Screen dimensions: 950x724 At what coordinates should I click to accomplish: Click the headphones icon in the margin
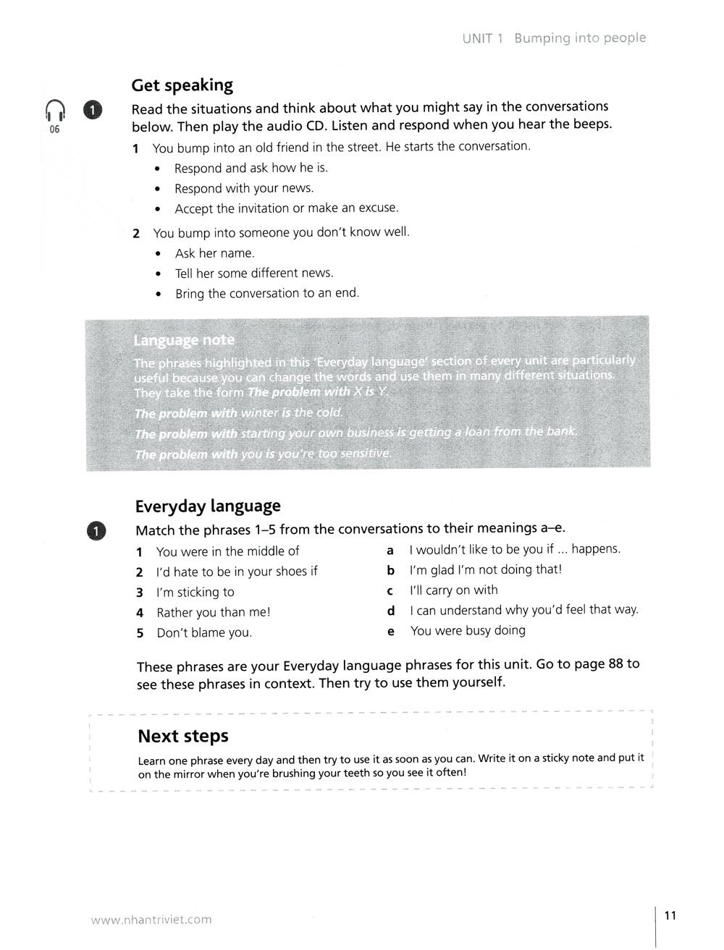tap(55, 110)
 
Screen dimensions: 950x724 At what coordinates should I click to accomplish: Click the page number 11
tap(670, 915)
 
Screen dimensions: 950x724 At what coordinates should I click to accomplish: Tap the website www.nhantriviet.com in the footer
tap(151, 920)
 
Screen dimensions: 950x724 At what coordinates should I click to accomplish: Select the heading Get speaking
tap(182, 85)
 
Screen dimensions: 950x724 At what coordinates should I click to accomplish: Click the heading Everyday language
tap(208, 506)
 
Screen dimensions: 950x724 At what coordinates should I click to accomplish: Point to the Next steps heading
tap(182, 736)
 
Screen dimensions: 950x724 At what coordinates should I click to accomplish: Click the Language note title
tap(184, 340)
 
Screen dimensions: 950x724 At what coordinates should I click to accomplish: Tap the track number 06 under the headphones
tap(55, 130)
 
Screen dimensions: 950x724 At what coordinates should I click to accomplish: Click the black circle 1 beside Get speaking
tap(94, 109)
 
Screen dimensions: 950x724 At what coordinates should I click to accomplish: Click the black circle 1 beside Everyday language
tap(96, 530)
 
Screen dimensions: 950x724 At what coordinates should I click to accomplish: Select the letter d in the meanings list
tap(391, 611)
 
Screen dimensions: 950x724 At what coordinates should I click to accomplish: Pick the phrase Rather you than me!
tap(214, 612)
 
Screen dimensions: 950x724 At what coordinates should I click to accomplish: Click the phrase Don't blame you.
tap(204, 632)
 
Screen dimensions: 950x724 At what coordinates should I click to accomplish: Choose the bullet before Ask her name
tap(159, 254)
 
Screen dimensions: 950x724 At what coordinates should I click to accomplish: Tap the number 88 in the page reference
tap(615, 663)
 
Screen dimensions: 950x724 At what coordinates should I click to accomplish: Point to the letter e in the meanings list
tap(391, 631)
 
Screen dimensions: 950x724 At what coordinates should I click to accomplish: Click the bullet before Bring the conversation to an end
tap(159, 294)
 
